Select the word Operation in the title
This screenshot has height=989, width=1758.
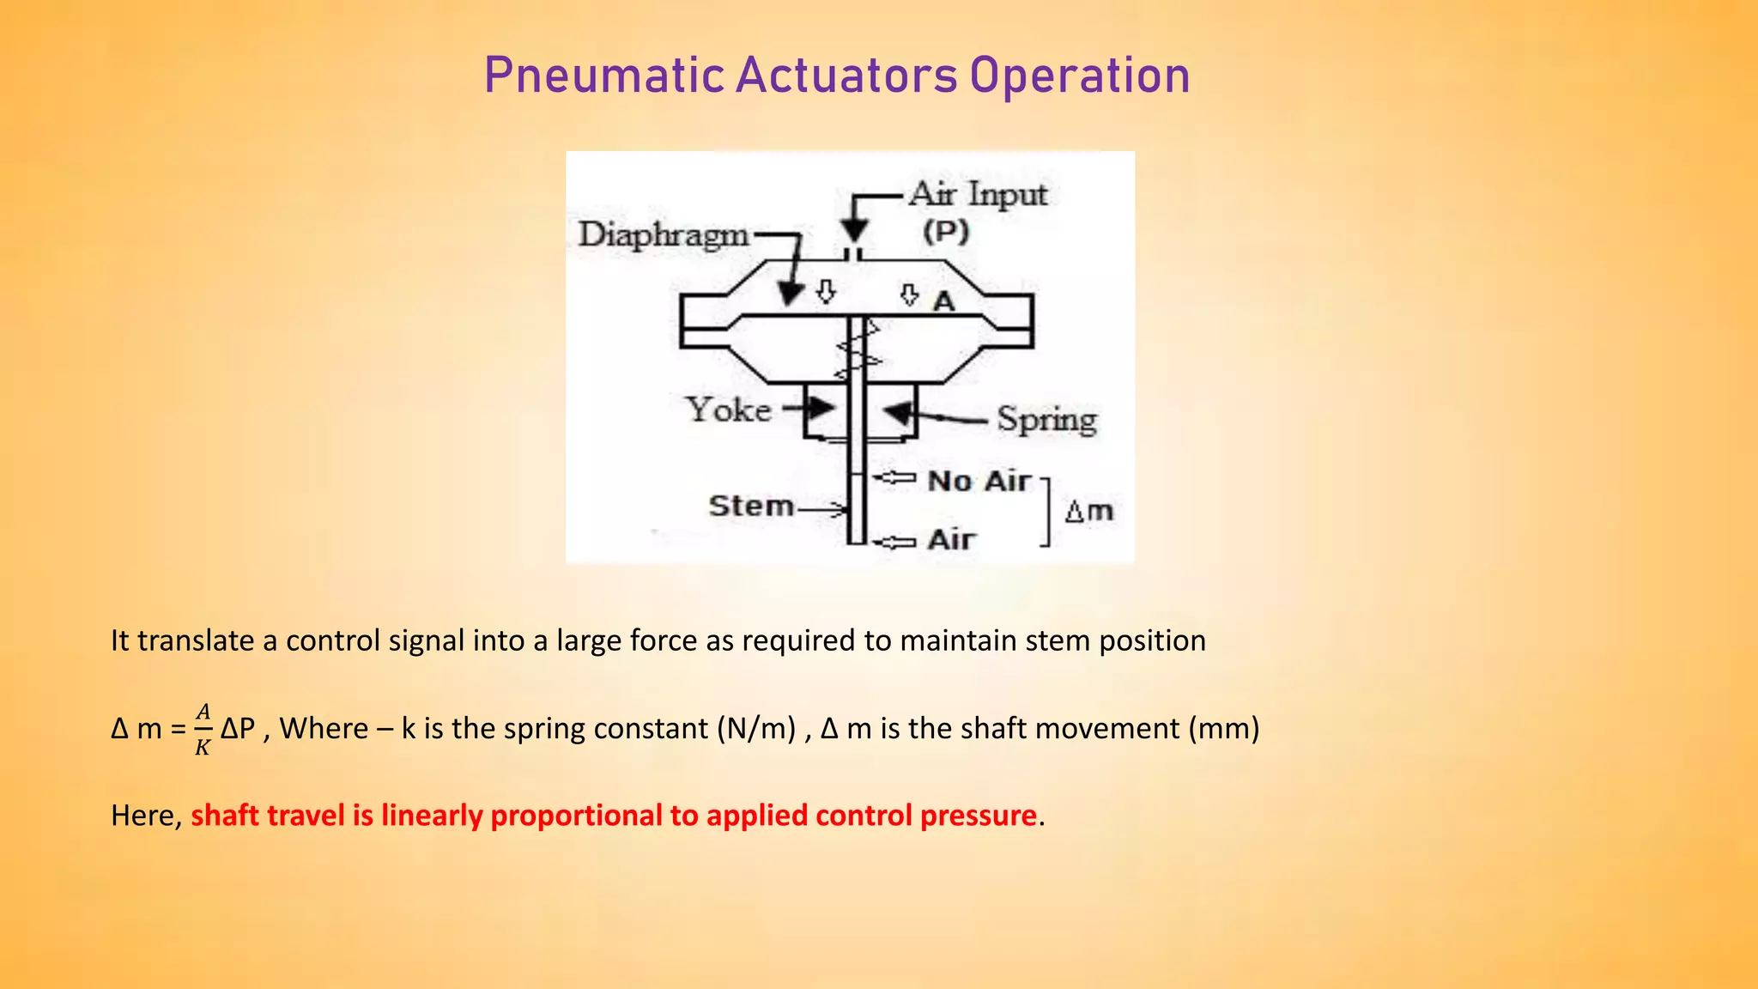[1080, 76]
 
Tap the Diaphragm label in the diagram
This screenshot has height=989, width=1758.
[664, 234]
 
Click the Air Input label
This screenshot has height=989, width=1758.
[978, 194]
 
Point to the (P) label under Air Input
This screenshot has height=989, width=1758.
[946, 231]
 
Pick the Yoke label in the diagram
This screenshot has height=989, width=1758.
[728, 410]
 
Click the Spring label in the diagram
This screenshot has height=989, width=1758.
[1046, 420]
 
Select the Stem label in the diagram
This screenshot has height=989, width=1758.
[751, 506]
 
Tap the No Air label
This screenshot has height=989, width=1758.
[979, 481]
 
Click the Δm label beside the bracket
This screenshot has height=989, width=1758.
[1088, 512]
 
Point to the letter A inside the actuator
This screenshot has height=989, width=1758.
[943, 301]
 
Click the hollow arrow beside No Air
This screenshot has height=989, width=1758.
[894, 477]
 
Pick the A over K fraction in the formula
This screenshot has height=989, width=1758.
[203, 729]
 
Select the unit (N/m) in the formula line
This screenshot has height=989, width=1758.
[755, 728]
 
